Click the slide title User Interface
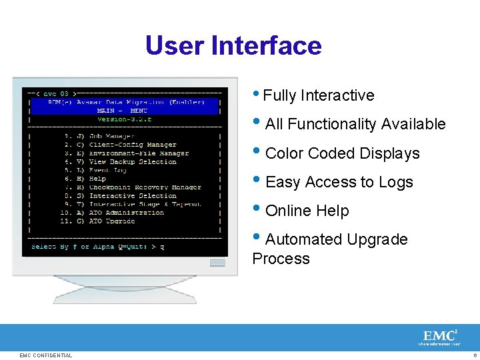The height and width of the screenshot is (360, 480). tap(233, 46)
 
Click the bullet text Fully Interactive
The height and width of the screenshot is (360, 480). tap(319, 96)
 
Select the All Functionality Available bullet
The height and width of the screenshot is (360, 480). tap(355, 124)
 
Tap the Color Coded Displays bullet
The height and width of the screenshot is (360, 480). tap(342, 153)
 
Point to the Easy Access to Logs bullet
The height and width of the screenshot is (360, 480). tap(339, 182)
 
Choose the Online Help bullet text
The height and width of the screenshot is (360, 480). tap(307, 211)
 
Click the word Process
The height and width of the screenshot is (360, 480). tap(281, 259)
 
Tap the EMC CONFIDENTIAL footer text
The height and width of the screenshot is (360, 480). tap(45, 355)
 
